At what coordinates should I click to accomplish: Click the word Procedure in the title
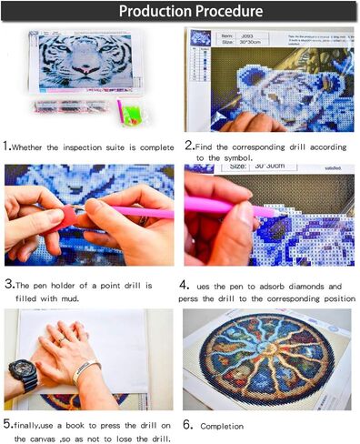[x=225, y=12]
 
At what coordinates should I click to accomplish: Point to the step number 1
[x=8, y=146]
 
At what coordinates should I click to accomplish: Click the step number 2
[x=188, y=146]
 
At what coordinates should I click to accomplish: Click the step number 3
[x=8, y=285]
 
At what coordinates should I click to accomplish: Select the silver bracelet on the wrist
[x=85, y=370]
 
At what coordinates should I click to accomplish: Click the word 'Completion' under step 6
[x=223, y=425]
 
